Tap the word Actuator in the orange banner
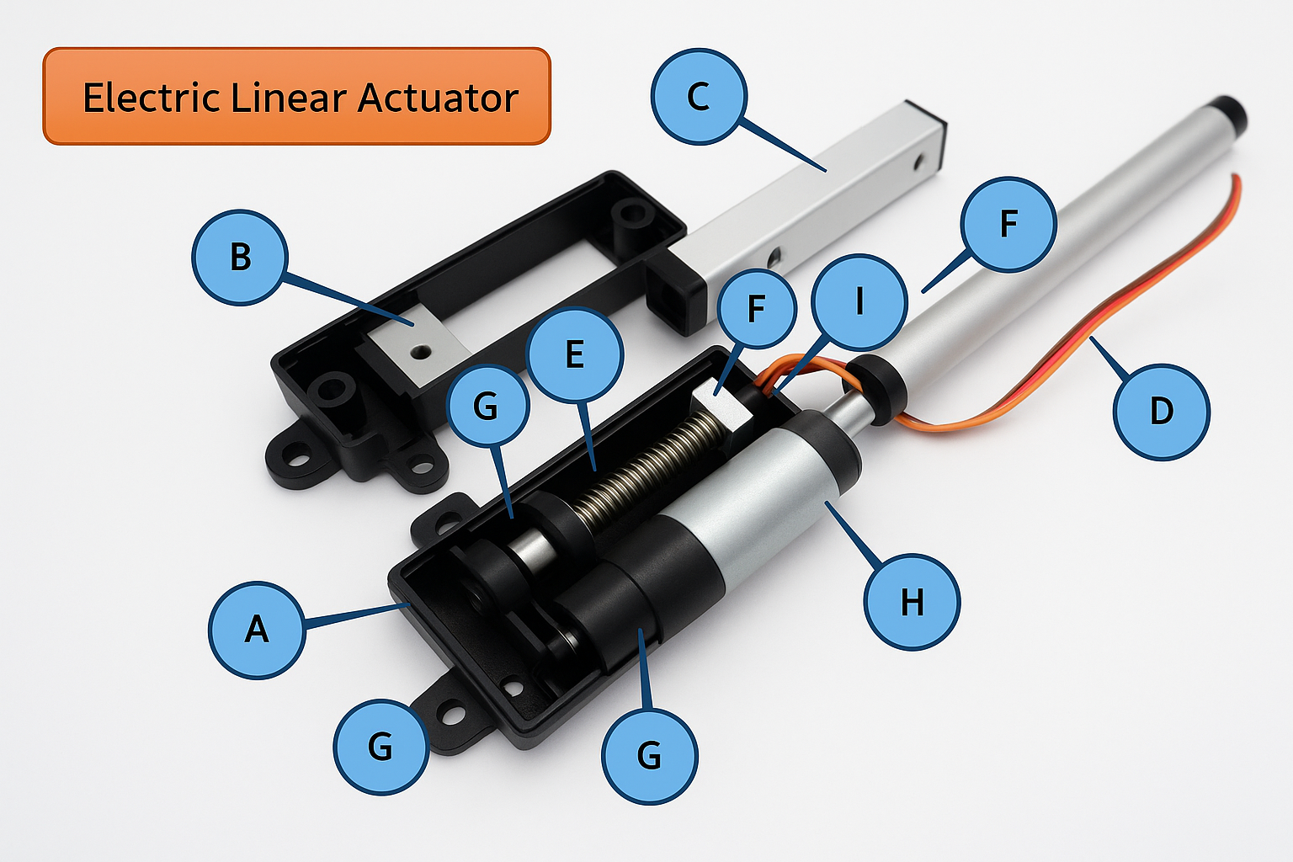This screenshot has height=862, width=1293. pyautogui.click(x=438, y=98)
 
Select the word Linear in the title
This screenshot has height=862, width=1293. pyautogui.click(x=290, y=98)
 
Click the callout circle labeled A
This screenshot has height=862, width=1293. pyautogui.click(x=257, y=629)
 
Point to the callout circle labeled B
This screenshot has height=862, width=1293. pyautogui.click(x=240, y=257)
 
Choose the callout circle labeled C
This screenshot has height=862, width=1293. pyautogui.click(x=699, y=96)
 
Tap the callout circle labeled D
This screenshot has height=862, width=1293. pyautogui.click(x=1162, y=412)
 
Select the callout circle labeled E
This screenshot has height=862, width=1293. pyautogui.click(x=575, y=354)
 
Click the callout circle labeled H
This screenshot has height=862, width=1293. pyautogui.click(x=913, y=602)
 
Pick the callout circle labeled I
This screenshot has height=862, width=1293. pyautogui.click(x=859, y=301)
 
